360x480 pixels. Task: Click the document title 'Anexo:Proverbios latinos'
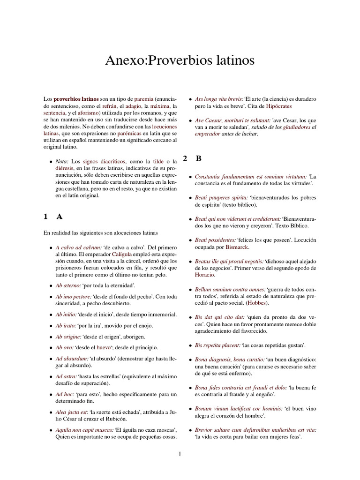click(180, 60)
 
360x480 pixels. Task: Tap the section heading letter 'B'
click(199, 158)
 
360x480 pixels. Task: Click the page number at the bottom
click(180, 453)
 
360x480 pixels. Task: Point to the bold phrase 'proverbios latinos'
click(76, 99)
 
